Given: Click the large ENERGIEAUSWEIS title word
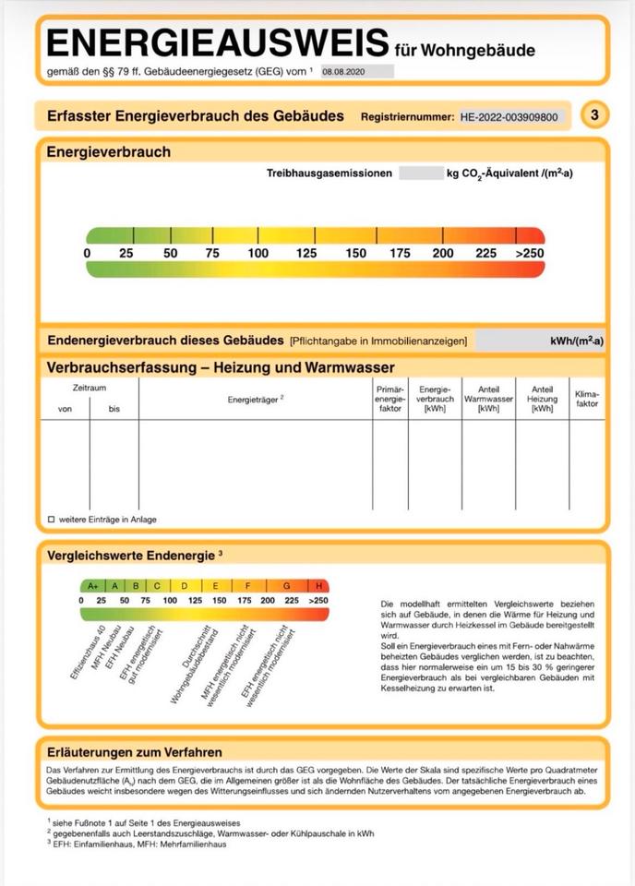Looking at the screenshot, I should click(218, 42).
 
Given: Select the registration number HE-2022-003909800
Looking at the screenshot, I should click(509, 117).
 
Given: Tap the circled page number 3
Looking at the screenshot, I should click(595, 114).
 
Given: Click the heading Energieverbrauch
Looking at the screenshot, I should click(108, 151).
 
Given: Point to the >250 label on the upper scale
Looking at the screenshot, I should click(529, 254).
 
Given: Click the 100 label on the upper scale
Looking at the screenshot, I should click(258, 254).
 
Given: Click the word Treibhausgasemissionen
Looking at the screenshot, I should click(329, 173).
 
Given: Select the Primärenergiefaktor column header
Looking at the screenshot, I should click(389, 399).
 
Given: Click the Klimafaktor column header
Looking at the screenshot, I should click(587, 399).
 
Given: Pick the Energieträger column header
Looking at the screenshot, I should click(255, 399).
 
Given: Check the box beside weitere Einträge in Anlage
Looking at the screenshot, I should click(52, 520).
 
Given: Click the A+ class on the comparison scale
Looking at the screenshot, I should click(92, 585).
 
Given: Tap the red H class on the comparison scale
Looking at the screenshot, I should click(319, 585).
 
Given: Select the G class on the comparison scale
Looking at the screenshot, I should click(286, 585).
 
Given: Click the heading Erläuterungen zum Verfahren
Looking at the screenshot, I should click(134, 752).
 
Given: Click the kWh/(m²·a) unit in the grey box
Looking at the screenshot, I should click(576, 341).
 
